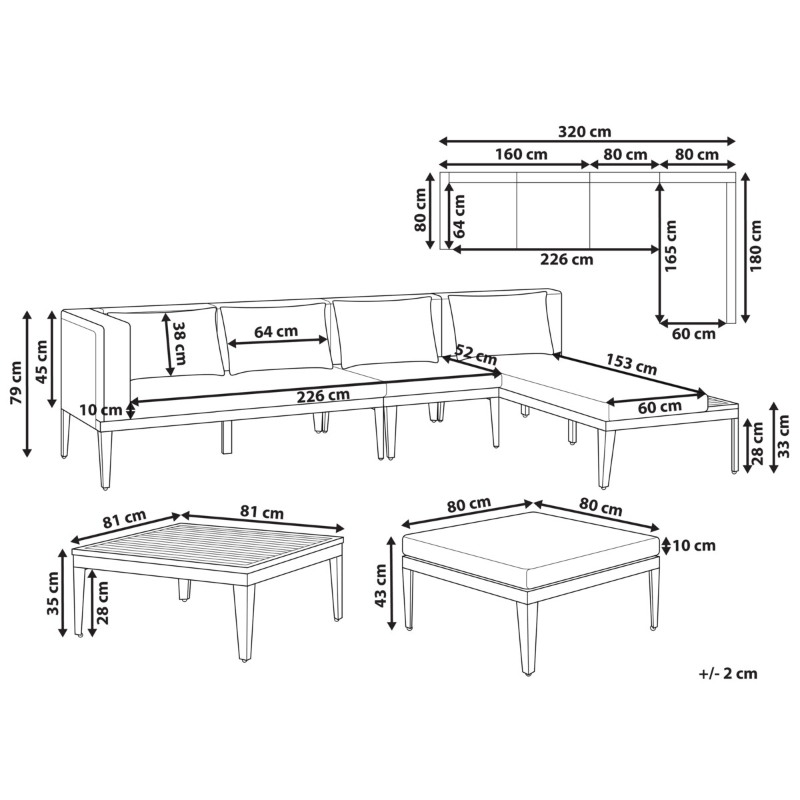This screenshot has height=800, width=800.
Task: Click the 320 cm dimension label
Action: (584, 132)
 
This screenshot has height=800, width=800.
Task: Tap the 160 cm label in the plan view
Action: (521, 155)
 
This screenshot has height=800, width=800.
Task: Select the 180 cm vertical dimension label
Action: (756, 246)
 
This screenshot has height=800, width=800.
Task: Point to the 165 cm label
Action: (670, 246)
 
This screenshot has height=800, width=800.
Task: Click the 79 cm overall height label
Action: (16, 383)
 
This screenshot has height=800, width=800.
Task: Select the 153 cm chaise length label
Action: (631, 364)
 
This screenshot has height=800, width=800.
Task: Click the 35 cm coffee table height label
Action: (53, 594)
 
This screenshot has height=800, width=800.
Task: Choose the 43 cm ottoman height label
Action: (381, 586)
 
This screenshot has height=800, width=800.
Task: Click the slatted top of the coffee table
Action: (208, 547)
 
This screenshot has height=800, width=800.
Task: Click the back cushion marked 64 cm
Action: (277, 339)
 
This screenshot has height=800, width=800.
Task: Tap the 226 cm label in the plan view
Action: (566, 259)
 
